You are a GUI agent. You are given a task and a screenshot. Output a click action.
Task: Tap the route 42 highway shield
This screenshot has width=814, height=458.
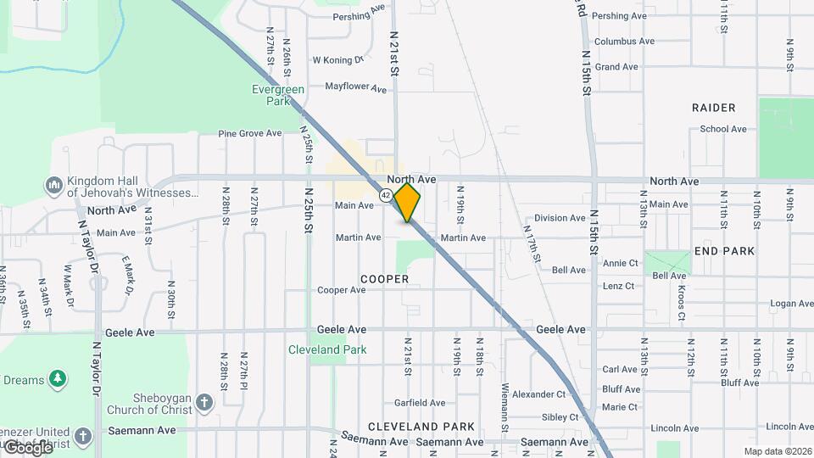click(386, 195)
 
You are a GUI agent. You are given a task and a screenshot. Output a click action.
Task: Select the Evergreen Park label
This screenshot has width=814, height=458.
click(271, 94)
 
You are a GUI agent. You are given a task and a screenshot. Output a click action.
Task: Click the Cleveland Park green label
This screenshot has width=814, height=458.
click(326, 349)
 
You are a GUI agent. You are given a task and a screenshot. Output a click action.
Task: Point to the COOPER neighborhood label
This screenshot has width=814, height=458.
click(384, 279)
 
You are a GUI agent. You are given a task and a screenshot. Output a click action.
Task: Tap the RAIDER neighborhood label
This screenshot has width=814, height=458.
click(713, 108)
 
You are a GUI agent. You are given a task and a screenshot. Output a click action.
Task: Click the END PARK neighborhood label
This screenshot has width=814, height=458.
click(724, 252)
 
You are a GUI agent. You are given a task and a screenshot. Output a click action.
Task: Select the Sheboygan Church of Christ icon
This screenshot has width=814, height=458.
click(203, 400)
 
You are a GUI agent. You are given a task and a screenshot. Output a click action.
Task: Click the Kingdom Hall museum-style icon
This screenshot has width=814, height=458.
click(53, 185)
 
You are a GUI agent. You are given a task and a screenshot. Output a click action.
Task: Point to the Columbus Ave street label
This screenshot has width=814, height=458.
click(624, 41)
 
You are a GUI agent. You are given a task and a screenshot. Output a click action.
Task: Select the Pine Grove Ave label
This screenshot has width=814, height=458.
click(249, 133)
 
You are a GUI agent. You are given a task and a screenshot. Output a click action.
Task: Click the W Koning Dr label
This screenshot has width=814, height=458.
click(337, 60)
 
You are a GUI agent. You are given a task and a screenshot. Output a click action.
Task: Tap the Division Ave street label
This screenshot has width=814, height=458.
click(560, 218)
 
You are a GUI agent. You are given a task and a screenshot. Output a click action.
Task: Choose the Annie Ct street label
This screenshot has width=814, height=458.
click(620, 263)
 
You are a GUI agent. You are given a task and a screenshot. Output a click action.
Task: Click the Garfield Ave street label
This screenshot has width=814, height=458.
click(419, 403)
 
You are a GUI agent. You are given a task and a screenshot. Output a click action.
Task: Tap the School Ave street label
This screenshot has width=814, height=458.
click(723, 129)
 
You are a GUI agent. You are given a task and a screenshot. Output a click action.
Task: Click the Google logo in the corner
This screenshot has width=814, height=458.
click(28, 447)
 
